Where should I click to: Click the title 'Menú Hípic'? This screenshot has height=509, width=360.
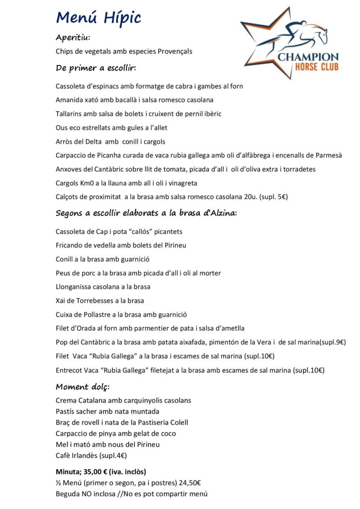(x=98, y=18)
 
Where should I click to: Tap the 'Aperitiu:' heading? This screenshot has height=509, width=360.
(x=73, y=38)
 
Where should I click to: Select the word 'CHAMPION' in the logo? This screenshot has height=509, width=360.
(x=308, y=57)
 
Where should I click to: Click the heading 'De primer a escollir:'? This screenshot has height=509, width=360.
(x=96, y=68)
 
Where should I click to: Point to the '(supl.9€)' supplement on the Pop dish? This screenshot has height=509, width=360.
(x=333, y=342)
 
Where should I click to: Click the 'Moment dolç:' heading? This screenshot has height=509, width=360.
(x=83, y=387)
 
